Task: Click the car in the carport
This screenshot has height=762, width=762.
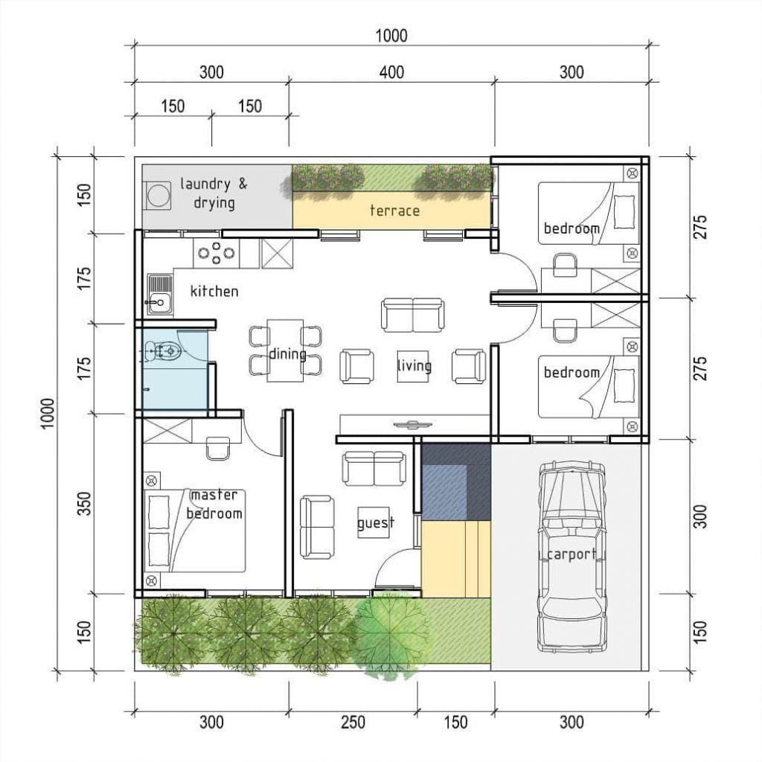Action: pos(570,554)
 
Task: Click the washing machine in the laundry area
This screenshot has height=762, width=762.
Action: pos(158,196)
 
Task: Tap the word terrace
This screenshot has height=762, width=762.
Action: pos(394,211)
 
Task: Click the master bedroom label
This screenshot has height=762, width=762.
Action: pos(214,505)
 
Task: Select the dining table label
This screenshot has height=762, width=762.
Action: pos(286,353)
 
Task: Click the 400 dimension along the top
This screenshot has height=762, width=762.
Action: pos(391,72)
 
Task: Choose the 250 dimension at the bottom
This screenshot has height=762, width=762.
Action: pos(353,721)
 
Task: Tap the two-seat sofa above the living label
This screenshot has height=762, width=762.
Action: pos(412,315)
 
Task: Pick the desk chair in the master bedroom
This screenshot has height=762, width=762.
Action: pos(218,447)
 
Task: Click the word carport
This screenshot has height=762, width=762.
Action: pos(571,554)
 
